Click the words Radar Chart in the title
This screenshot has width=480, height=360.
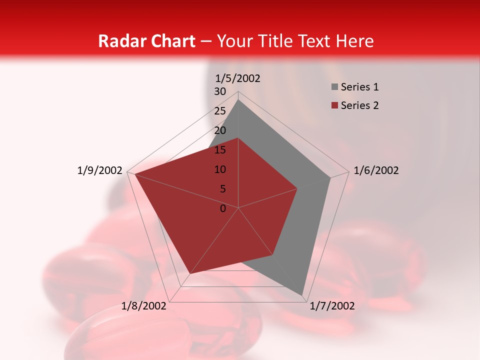pyautogui.click(x=146, y=41)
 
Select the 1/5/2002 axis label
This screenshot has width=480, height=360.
pyautogui.click(x=238, y=78)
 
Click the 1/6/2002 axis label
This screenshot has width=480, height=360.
pyautogui.click(x=376, y=170)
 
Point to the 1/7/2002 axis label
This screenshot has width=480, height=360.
pyautogui.click(x=332, y=306)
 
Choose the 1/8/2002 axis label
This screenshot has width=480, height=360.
pyautogui.click(x=144, y=306)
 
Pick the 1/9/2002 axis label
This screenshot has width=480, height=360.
pyautogui.click(x=100, y=170)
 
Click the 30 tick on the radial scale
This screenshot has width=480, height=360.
pyautogui.click(x=220, y=91)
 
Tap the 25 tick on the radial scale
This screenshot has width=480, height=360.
pyautogui.click(x=220, y=111)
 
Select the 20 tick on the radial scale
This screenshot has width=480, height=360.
pyautogui.click(x=220, y=130)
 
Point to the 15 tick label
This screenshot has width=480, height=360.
pyautogui.click(x=220, y=150)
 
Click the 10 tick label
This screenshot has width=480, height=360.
pyautogui.click(x=220, y=169)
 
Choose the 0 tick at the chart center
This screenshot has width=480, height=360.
pyautogui.click(x=223, y=208)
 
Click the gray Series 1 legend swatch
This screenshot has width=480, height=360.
pyautogui.click(x=334, y=87)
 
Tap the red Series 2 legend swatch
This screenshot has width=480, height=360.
pyautogui.click(x=334, y=105)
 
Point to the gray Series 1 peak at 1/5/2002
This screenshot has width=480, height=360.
pyautogui.click(x=238, y=100)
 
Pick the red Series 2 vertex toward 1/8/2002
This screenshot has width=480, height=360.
pyautogui.click(x=190, y=273)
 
